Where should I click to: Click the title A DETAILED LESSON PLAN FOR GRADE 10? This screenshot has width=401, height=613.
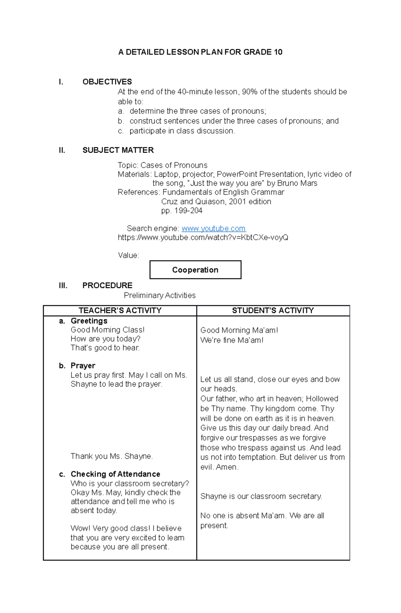point(200,52)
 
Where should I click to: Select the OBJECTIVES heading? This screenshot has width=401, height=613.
point(107,82)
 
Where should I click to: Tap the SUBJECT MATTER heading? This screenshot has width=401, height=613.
point(118,150)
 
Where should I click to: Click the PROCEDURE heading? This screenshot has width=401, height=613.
point(107,285)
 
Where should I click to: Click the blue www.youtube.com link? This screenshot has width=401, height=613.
point(214,228)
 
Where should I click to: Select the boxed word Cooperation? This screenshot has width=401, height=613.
point(195,270)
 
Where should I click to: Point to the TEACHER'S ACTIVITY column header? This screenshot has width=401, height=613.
point(120,311)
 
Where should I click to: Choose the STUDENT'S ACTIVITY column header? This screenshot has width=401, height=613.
point(273,311)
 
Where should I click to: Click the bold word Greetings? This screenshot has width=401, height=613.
point(89,321)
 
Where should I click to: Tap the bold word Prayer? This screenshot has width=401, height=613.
point(83,366)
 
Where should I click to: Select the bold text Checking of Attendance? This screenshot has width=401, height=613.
point(115,474)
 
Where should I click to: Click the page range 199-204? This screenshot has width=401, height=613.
point(188,211)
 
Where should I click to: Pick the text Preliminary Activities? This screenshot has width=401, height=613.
point(159,296)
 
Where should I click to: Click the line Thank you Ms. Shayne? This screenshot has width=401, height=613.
point(112,456)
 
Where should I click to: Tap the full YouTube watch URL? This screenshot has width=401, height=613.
point(203,238)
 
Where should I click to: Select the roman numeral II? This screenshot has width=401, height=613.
point(62,150)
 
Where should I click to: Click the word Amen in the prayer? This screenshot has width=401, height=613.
point(227,467)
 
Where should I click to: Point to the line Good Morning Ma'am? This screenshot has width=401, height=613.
point(239,330)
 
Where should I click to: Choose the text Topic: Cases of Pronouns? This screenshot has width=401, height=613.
point(162,165)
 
